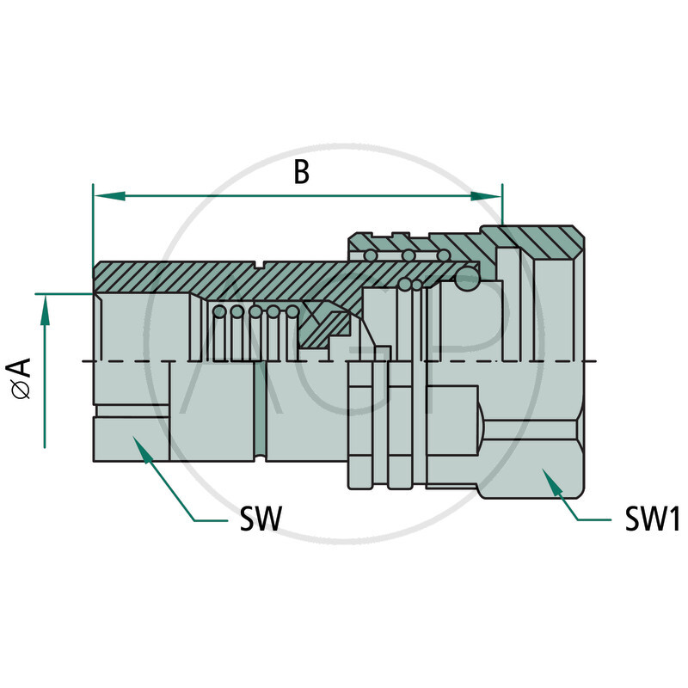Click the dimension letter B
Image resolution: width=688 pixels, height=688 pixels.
click(x=301, y=171)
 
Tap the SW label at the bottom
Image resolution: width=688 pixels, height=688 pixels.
click(x=259, y=519)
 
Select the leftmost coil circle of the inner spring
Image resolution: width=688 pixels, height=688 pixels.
click(x=219, y=311)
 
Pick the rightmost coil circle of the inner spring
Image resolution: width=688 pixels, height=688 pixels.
click(x=292, y=311)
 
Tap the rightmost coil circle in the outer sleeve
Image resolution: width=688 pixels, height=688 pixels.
click(x=443, y=255)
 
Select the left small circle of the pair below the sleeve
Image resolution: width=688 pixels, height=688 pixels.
click(x=404, y=284)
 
